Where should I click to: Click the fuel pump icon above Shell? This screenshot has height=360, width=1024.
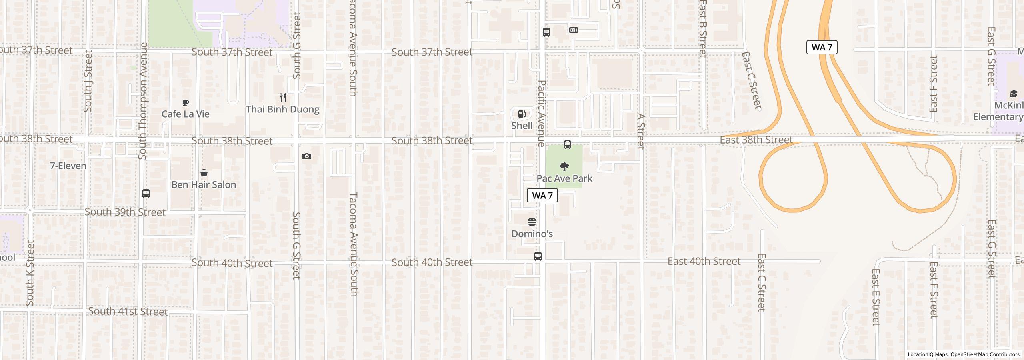tap(522, 114)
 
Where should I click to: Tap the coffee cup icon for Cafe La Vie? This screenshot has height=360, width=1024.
tap(186, 103)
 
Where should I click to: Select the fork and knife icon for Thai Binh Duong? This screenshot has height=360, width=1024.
tap(283, 98)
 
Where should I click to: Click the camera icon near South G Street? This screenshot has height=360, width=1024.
tap(307, 156)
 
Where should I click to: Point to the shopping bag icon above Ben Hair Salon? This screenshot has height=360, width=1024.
tap(204, 173)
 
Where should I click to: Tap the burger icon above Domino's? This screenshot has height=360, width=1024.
tap(532, 222)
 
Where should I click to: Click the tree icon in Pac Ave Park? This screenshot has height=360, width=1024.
tap(564, 166)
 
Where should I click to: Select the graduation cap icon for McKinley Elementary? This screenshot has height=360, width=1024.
tap(1013, 94)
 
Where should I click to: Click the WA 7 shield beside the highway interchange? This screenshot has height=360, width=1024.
tap(822, 47)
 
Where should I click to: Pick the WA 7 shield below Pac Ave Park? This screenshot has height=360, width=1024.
tap(542, 195)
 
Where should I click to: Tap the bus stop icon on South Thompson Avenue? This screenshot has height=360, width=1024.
tap(146, 194)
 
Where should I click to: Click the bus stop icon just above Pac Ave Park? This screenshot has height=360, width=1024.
tap(567, 145)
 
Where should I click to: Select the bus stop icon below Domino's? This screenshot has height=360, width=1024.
tap(538, 256)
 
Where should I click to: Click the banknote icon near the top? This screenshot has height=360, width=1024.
tap(574, 30)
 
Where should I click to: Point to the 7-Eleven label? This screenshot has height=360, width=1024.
tap(68, 166)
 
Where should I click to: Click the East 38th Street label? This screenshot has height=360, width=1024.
tap(756, 140)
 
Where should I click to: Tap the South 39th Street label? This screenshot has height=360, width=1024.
tap(125, 212)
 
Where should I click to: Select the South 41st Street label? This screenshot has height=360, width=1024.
tap(128, 311)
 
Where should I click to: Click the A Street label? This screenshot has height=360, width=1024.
tap(641, 132)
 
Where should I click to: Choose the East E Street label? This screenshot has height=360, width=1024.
tap(876, 297)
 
